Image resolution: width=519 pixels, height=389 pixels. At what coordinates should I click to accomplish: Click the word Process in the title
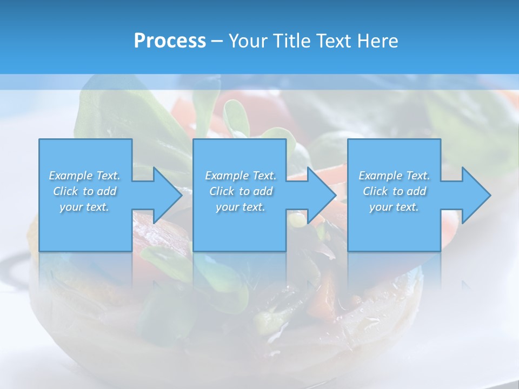point(170,41)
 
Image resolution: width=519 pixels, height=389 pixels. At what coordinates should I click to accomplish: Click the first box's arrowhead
point(165,195)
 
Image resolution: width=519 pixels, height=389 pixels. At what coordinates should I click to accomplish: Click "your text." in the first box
point(84,207)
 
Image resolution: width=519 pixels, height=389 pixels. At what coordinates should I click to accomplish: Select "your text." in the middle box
point(241,207)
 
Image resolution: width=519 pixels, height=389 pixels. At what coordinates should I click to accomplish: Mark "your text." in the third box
point(394,207)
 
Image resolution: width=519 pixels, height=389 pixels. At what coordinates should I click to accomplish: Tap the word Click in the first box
point(65,191)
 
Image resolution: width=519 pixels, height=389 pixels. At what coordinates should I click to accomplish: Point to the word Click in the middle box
point(221,191)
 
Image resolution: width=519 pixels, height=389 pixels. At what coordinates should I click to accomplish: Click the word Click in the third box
point(375,191)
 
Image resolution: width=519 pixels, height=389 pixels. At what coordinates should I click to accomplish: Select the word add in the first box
point(107,191)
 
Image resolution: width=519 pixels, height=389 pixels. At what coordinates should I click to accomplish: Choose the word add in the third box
point(417,191)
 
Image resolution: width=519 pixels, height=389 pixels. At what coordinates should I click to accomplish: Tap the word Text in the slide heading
point(334,41)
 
